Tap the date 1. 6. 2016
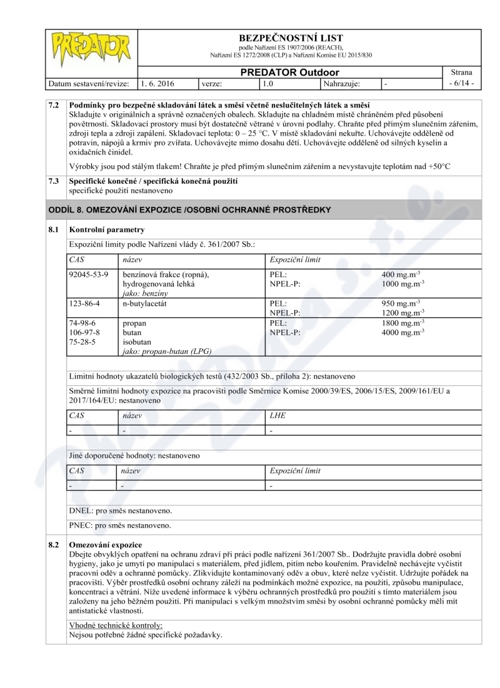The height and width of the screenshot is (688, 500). [157, 83]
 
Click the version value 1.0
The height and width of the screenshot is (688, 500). [269, 83]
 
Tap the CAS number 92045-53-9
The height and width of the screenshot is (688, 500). [89, 275]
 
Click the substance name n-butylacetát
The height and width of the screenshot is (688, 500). [148, 303]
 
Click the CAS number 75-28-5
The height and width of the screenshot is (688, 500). [82, 341]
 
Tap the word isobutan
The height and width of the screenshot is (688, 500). [138, 341]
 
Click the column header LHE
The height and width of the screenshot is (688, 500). [277, 415]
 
